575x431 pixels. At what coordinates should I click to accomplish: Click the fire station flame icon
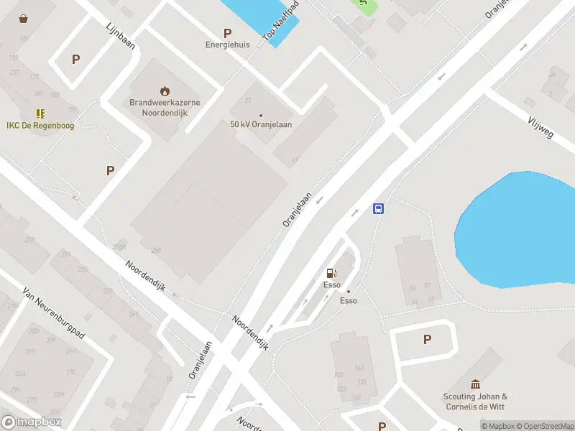(165, 91)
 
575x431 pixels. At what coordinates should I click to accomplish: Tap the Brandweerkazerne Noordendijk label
(165, 108)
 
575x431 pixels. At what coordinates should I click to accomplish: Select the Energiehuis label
(228, 45)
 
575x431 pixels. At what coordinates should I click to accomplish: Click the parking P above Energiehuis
(228, 32)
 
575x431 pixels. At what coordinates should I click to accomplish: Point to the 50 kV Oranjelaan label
(261, 124)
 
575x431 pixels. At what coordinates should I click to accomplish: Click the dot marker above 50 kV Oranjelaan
(261, 115)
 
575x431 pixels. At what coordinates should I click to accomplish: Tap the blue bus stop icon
(378, 209)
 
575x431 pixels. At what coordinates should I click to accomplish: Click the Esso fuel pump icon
(331, 273)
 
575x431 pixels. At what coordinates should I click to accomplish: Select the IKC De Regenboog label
(40, 126)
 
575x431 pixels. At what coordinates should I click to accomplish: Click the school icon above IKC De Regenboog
(40, 113)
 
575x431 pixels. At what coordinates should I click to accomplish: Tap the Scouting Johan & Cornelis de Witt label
(475, 401)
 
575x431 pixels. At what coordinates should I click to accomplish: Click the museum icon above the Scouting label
(475, 384)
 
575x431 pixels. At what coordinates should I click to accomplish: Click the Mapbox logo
(31, 422)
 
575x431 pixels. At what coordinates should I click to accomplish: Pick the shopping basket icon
(24, 19)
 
